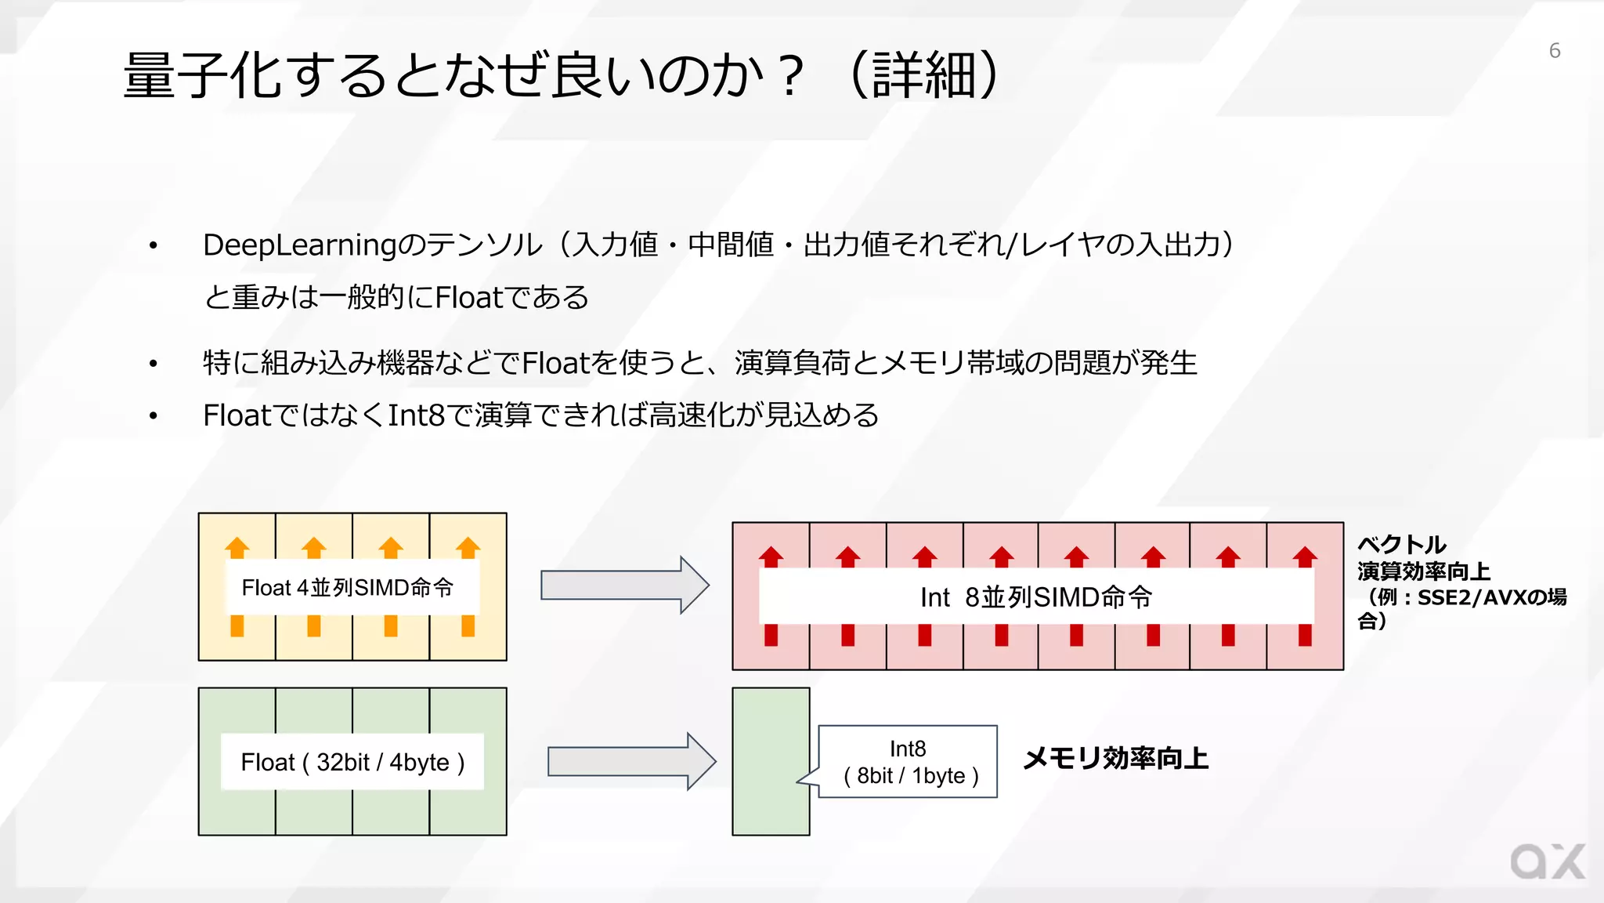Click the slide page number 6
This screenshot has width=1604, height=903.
(1555, 51)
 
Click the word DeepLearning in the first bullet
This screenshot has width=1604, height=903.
(299, 245)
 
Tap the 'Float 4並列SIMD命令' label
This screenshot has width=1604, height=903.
(348, 588)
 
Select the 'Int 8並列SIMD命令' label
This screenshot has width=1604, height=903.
(1035, 597)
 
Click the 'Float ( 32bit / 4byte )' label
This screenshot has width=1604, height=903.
(352, 762)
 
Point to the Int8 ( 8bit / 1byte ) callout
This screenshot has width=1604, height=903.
(909, 762)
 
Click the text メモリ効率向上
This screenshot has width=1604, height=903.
(1115, 759)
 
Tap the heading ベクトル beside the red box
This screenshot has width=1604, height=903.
(1401, 544)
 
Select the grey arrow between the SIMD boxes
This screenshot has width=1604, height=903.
(624, 586)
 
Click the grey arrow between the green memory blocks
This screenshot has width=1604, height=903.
(630, 761)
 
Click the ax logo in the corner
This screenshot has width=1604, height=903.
(1547, 862)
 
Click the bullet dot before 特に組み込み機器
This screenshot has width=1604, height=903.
(154, 364)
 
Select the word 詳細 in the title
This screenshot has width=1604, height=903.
(924, 76)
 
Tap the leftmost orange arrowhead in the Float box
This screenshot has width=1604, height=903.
(237, 546)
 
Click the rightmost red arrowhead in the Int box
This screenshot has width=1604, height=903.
(1305, 557)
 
